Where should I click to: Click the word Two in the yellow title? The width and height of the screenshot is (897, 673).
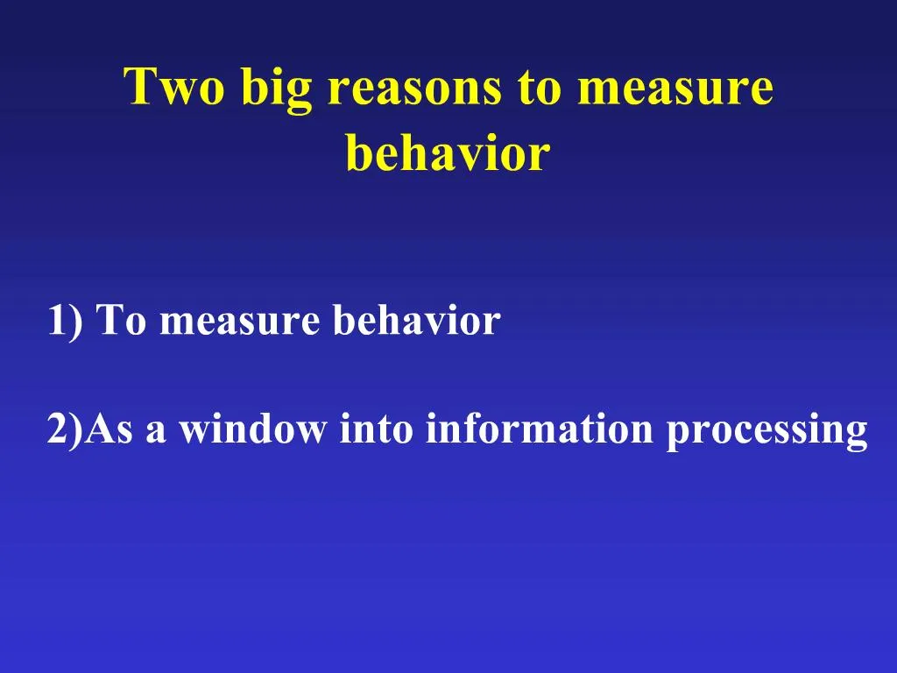(173, 88)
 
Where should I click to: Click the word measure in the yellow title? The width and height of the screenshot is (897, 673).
(675, 89)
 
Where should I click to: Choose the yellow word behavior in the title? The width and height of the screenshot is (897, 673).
(448, 152)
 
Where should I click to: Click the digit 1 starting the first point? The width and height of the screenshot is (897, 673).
(58, 321)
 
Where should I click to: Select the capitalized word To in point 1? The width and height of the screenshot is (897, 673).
(122, 321)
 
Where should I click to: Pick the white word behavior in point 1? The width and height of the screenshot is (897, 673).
(415, 321)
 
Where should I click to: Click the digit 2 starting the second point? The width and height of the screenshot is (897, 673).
(58, 430)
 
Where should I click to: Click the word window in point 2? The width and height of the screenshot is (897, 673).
(252, 430)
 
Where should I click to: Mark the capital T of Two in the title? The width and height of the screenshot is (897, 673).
(139, 88)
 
